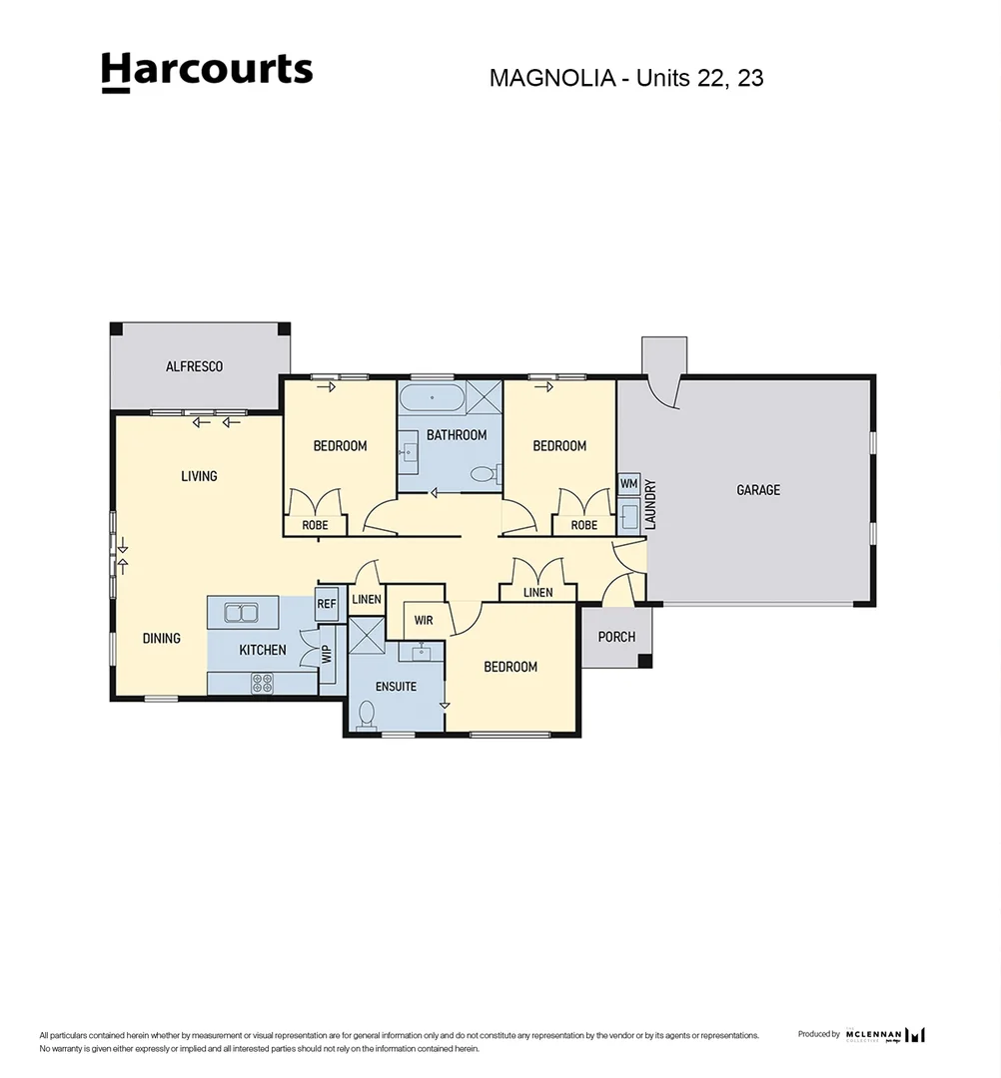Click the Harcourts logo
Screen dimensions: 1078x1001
(x=207, y=72)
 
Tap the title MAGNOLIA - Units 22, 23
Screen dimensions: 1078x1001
(x=625, y=78)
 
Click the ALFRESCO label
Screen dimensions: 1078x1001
(x=194, y=366)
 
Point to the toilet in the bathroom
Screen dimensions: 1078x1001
(x=483, y=474)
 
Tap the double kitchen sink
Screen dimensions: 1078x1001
(x=242, y=612)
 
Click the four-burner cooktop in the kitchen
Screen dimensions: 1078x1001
(x=262, y=683)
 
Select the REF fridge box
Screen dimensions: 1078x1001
(x=326, y=604)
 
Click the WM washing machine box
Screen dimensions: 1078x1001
(x=628, y=484)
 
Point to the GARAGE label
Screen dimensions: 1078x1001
(x=758, y=490)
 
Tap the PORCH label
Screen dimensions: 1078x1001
(x=616, y=637)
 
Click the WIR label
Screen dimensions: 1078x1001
(x=424, y=620)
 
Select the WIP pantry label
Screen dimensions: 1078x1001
(x=326, y=656)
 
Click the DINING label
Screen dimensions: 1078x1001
(x=161, y=638)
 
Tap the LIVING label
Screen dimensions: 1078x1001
(x=199, y=476)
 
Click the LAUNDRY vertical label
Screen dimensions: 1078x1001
(x=650, y=505)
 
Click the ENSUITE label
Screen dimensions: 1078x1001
(x=396, y=687)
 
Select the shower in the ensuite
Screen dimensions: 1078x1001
(x=366, y=636)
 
